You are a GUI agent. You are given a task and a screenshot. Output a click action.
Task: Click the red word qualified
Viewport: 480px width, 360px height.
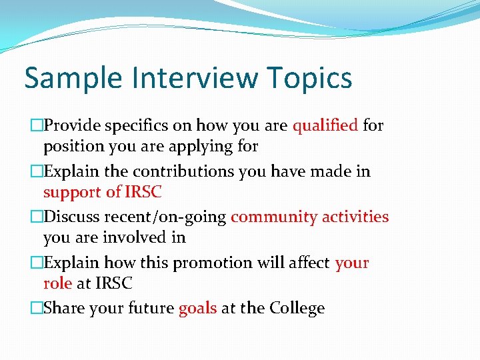(325, 125)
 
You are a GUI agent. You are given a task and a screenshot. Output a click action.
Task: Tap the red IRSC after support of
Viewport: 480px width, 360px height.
(143, 192)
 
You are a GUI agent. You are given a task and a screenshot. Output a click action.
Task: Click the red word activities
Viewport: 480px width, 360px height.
(355, 217)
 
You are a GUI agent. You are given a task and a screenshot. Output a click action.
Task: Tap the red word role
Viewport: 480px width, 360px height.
(57, 283)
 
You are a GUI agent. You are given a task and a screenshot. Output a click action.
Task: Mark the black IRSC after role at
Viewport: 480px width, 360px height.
(113, 283)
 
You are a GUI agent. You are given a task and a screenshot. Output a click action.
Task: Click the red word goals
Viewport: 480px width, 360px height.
(198, 309)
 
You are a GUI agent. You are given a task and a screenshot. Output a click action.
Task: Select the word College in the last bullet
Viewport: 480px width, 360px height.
(297, 309)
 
